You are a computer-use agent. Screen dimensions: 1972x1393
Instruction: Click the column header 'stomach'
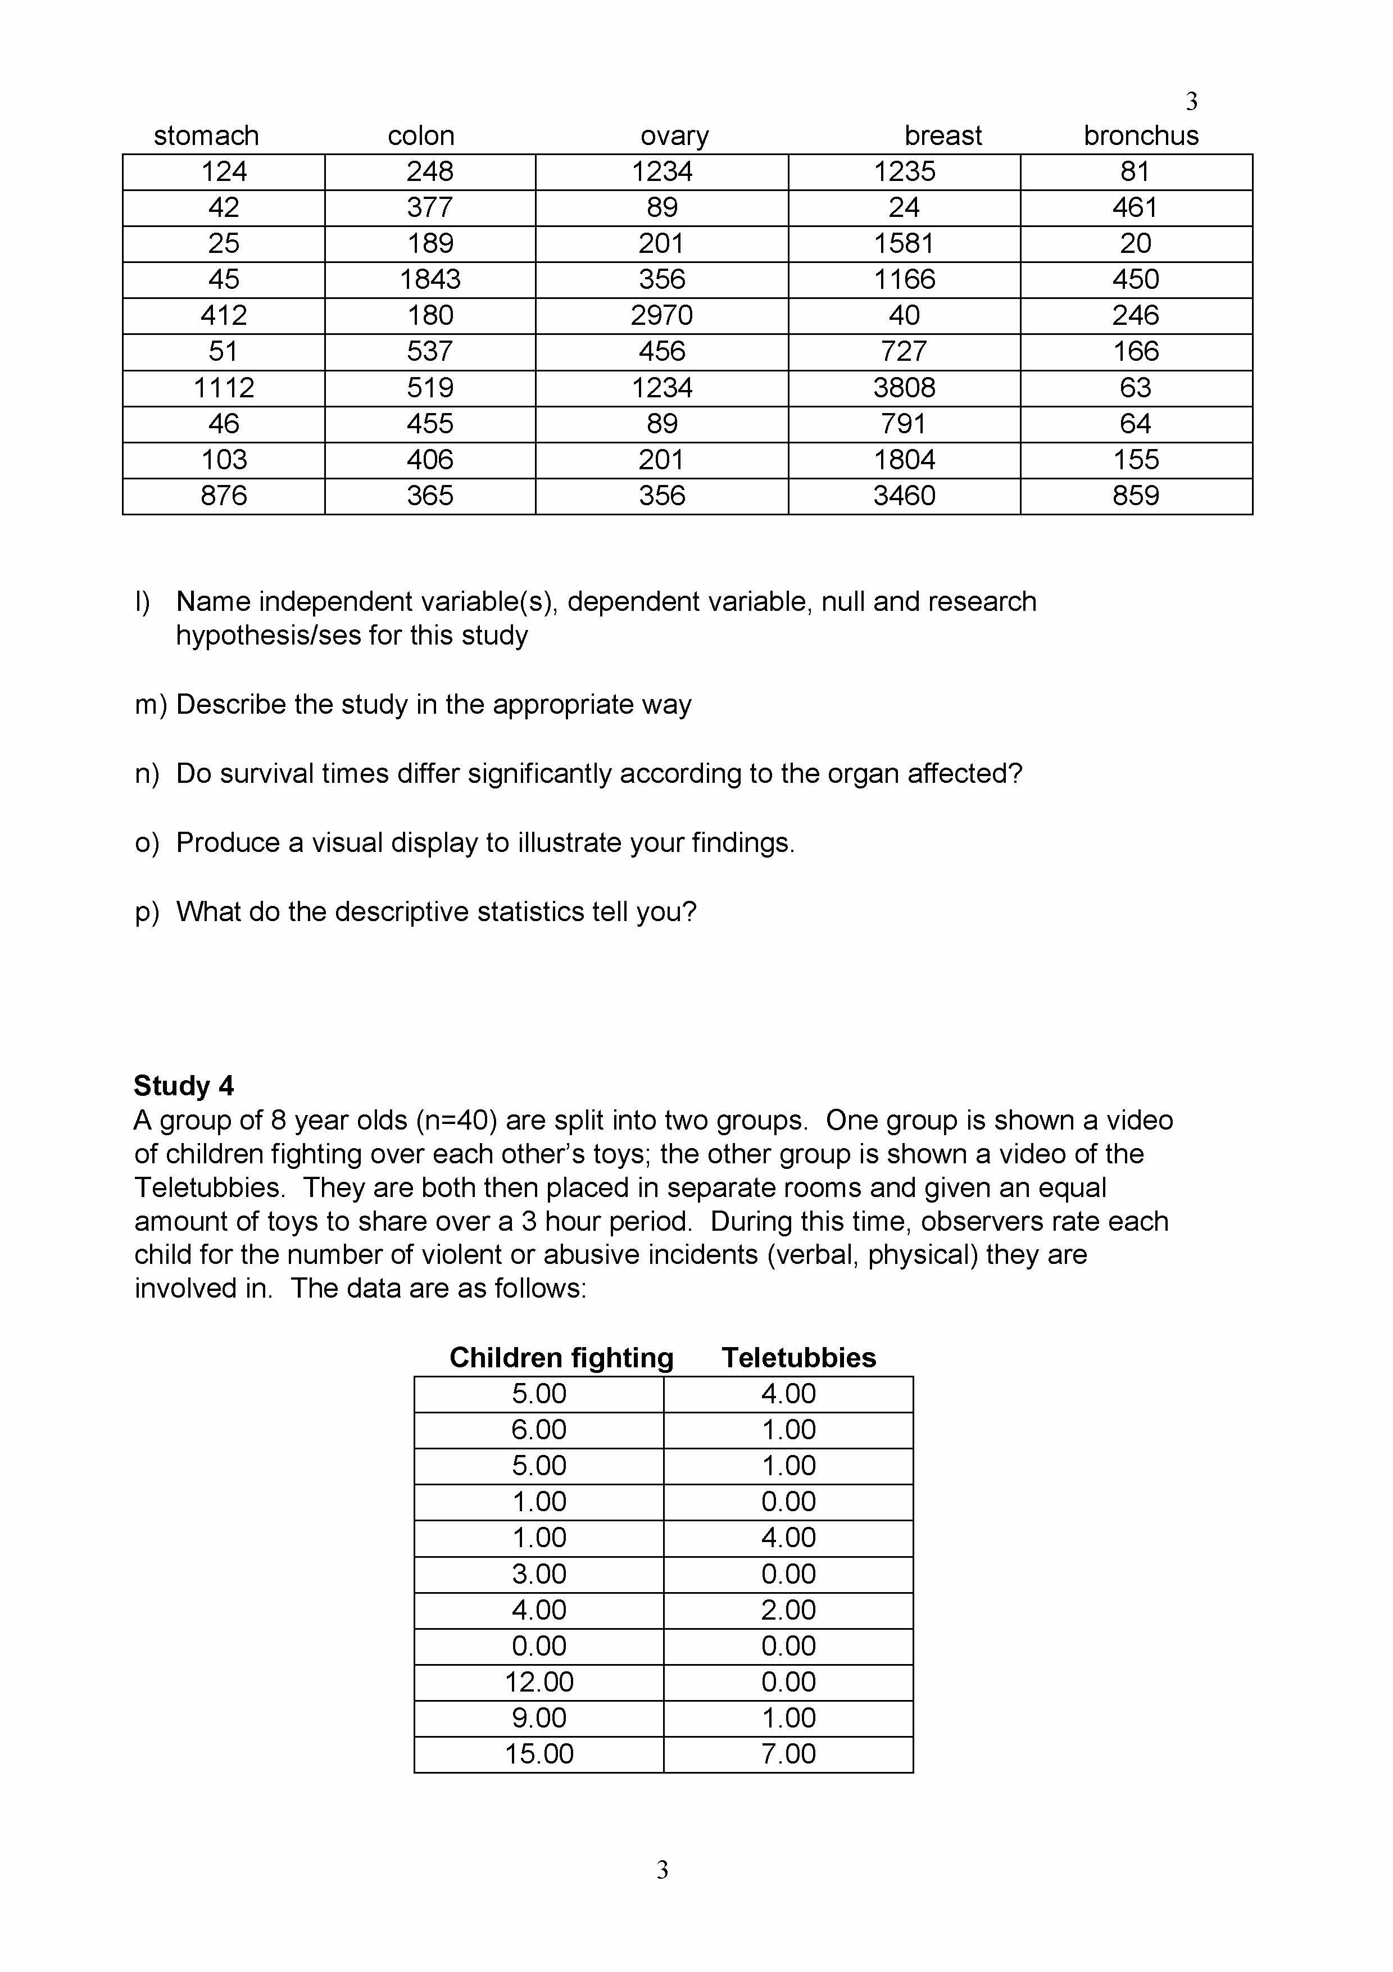point(206,135)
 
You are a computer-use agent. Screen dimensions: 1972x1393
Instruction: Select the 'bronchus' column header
point(1141,135)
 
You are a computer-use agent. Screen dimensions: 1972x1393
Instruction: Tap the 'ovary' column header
point(674,135)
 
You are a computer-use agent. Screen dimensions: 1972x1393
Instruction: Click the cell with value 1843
point(430,279)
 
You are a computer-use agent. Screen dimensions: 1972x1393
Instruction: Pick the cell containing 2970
point(661,315)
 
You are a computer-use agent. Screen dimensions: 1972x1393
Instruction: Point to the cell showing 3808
point(904,387)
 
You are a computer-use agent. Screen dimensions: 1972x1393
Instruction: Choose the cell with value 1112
point(223,387)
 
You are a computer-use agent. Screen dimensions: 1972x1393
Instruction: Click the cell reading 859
point(1135,496)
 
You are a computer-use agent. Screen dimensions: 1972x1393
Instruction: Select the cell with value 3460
point(904,496)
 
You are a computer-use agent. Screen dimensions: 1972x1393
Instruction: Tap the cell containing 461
point(1135,207)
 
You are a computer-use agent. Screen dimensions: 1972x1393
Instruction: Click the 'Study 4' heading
point(184,1086)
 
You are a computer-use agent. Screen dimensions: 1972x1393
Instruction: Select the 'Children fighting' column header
point(562,1357)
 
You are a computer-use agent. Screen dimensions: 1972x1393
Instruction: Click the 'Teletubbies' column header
point(798,1357)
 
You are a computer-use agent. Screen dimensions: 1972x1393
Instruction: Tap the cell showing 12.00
point(539,1681)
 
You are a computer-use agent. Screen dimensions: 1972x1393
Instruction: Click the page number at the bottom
point(662,1870)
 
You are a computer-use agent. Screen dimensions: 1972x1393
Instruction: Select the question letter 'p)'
point(147,912)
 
